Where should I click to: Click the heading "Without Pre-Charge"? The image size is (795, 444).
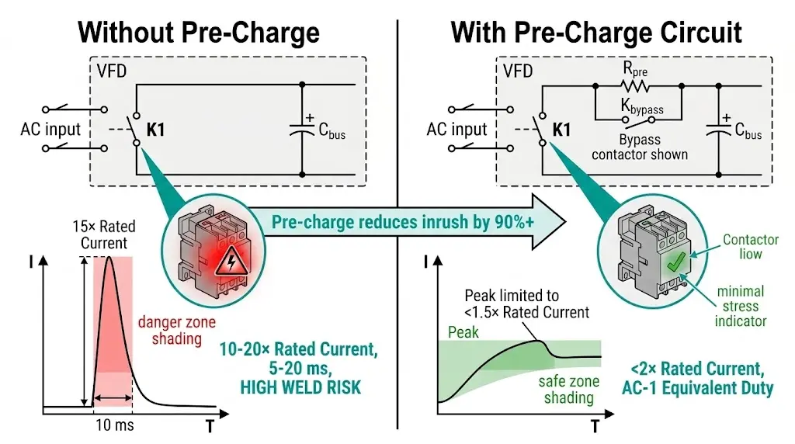coord(199,33)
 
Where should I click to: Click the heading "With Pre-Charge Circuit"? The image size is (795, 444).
coord(596,33)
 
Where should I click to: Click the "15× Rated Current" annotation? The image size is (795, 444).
coord(108,234)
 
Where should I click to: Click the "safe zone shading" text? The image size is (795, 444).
coord(566,390)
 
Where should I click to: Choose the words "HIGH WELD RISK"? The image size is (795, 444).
coord(300,386)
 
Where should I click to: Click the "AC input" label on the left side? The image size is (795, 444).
coord(51,129)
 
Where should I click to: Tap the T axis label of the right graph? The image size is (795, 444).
coord(595,425)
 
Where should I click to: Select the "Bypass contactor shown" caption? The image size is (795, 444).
coord(640,147)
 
